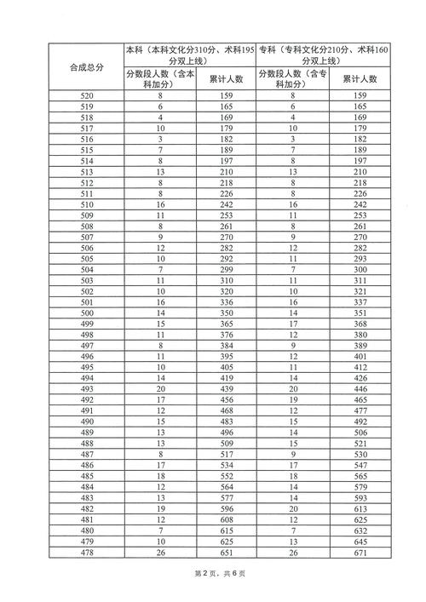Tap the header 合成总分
click(86, 67)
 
